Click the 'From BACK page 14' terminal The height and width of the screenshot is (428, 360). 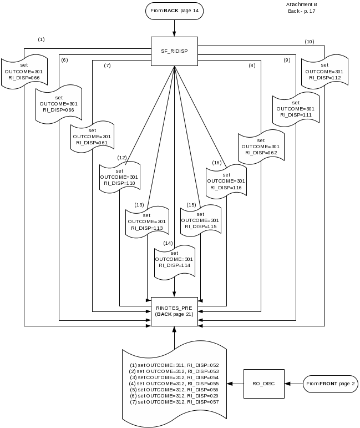click(174, 11)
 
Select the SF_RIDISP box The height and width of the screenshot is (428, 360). click(174, 52)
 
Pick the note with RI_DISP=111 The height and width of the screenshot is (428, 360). click(295, 108)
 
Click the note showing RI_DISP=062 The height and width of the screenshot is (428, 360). click(261, 146)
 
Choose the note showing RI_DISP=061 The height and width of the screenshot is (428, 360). click(92, 136)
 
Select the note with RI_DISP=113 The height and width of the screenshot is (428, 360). click(146, 221)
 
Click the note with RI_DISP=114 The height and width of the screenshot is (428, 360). click(174, 259)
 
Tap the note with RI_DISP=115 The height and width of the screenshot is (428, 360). click(200, 220)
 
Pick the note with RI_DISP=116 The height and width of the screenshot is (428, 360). click(226, 181)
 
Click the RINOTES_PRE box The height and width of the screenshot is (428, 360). click(174, 311)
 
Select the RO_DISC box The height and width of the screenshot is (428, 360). click(263, 384)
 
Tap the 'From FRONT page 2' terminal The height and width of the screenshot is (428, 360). click(329, 384)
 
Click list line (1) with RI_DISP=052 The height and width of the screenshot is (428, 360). click(174, 365)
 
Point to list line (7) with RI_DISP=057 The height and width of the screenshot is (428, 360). click(174, 401)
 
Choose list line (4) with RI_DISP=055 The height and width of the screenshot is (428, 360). click(174, 383)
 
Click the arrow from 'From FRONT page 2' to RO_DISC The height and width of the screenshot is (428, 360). click(293, 384)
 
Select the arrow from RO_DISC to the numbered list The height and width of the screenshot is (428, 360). click(236, 384)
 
